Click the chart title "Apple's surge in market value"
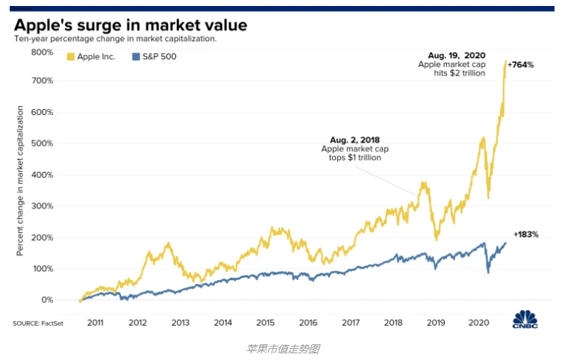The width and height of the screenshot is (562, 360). pyautogui.click(x=131, y=25)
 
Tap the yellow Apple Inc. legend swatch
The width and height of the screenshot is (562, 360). pyautogui.click(x=71, y=56)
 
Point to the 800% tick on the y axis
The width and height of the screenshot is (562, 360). pyautogui.click(x=43, y=52)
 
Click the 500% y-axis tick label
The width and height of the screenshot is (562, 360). pyautogui.click(x=43, y=143)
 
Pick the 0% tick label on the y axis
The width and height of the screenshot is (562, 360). pyautogui.click(x=46, y=300)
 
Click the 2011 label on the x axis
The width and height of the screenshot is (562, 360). pyautogui.click(x=94, y=322)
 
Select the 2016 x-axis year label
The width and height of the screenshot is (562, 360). pyautogui.click(x=307, y=322)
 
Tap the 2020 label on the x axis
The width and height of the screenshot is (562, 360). pyautogui.click(x=478, y=322)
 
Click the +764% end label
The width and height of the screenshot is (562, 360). pyautogui.click(x=520, y=65)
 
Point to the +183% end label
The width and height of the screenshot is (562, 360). pyautogui.click(x=525, y=235)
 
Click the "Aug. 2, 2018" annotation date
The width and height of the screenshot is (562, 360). pyautogui.click(x=355, y=139)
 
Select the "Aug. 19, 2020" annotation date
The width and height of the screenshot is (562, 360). pyautogui.click(x=457, y=55)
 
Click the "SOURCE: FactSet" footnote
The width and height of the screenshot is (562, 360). pyautogui.click(x=37, y=323)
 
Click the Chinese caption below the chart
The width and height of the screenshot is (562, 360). pyautogui.click(x=282, y=348)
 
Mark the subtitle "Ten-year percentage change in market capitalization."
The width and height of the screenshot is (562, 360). pyautogui.click(x=115, y=38)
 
